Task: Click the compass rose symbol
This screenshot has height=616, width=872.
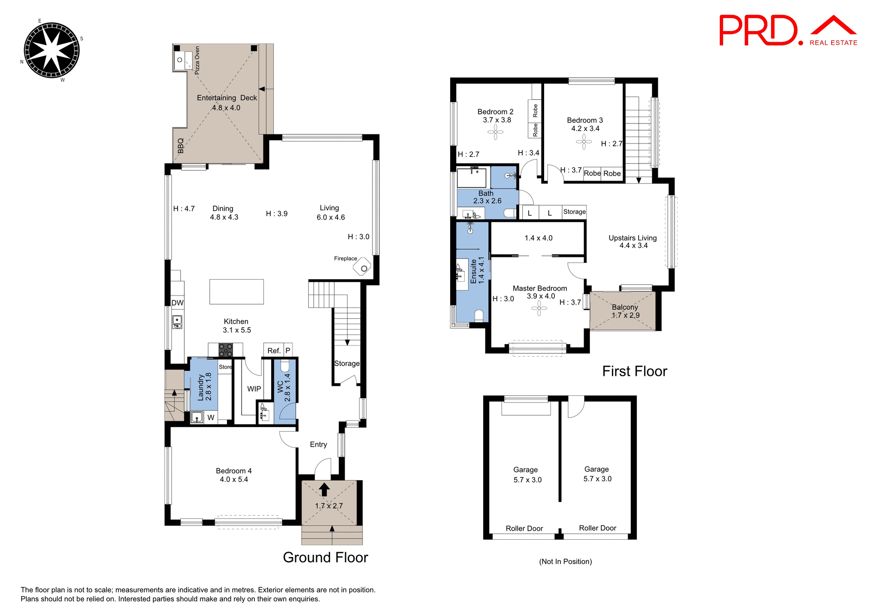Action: pyautogui.click(x=51, y=50)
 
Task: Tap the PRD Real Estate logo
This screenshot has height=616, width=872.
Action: pyautogui.click(x=788, y=30)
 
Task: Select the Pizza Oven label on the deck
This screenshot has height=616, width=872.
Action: pyautogui.click(x=197, y=60)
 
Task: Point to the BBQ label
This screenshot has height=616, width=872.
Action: pyautogui.click(x=180, y=146)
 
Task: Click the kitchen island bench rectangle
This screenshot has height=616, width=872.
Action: pyautogui.click(x=236, y=291)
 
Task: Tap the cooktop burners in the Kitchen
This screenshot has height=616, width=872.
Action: pyautogui.click(x=226, y=350)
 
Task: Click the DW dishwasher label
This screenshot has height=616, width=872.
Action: pyautogui.click(x=177, y=303)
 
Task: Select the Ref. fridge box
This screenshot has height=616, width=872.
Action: pyautogui.click(x=273, y=350)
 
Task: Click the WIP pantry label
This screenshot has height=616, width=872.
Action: pyautogui.click(x=254, y=389)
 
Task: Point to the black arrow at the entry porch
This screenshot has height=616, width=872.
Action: pyautogui.click(x=324, y=489)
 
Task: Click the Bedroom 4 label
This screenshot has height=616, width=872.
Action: pyautogui.click(x=233, y=471)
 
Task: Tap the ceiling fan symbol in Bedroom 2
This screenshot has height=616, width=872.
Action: pyautogui.click(x=495, y=132)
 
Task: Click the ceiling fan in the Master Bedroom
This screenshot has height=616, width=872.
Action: pyautogui.click(x=539, y=309)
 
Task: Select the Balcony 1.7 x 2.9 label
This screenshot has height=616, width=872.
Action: pyautogui.click(x=625, y=311)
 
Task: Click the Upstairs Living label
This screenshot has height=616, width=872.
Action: pyautogui.click(x=632, y=238)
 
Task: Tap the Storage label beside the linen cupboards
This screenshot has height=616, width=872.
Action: pyautogui.click(x=574, y=212)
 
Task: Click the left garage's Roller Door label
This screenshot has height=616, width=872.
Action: pyautogui.click(x=524, y=528)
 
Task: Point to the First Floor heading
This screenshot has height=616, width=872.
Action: pyautogui.click(x=634, y=371)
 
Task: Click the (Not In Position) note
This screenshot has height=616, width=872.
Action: pyautogui.click(x=565, y=562)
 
